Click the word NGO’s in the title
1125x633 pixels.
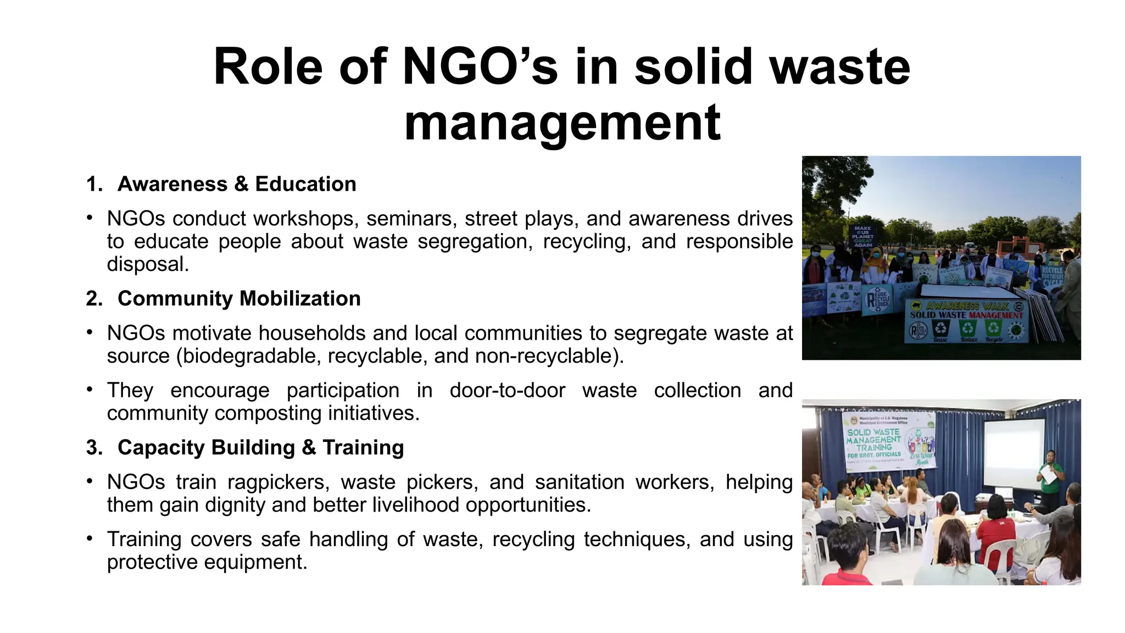480,67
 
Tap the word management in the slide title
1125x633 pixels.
562,123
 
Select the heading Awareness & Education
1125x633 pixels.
237,184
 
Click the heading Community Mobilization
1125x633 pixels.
239,298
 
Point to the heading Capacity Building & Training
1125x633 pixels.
260,447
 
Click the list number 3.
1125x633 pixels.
94,447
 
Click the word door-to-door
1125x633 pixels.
507,390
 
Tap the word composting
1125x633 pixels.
268,413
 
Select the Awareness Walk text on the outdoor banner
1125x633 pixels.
967,306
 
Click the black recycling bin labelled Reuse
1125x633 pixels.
942,329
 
